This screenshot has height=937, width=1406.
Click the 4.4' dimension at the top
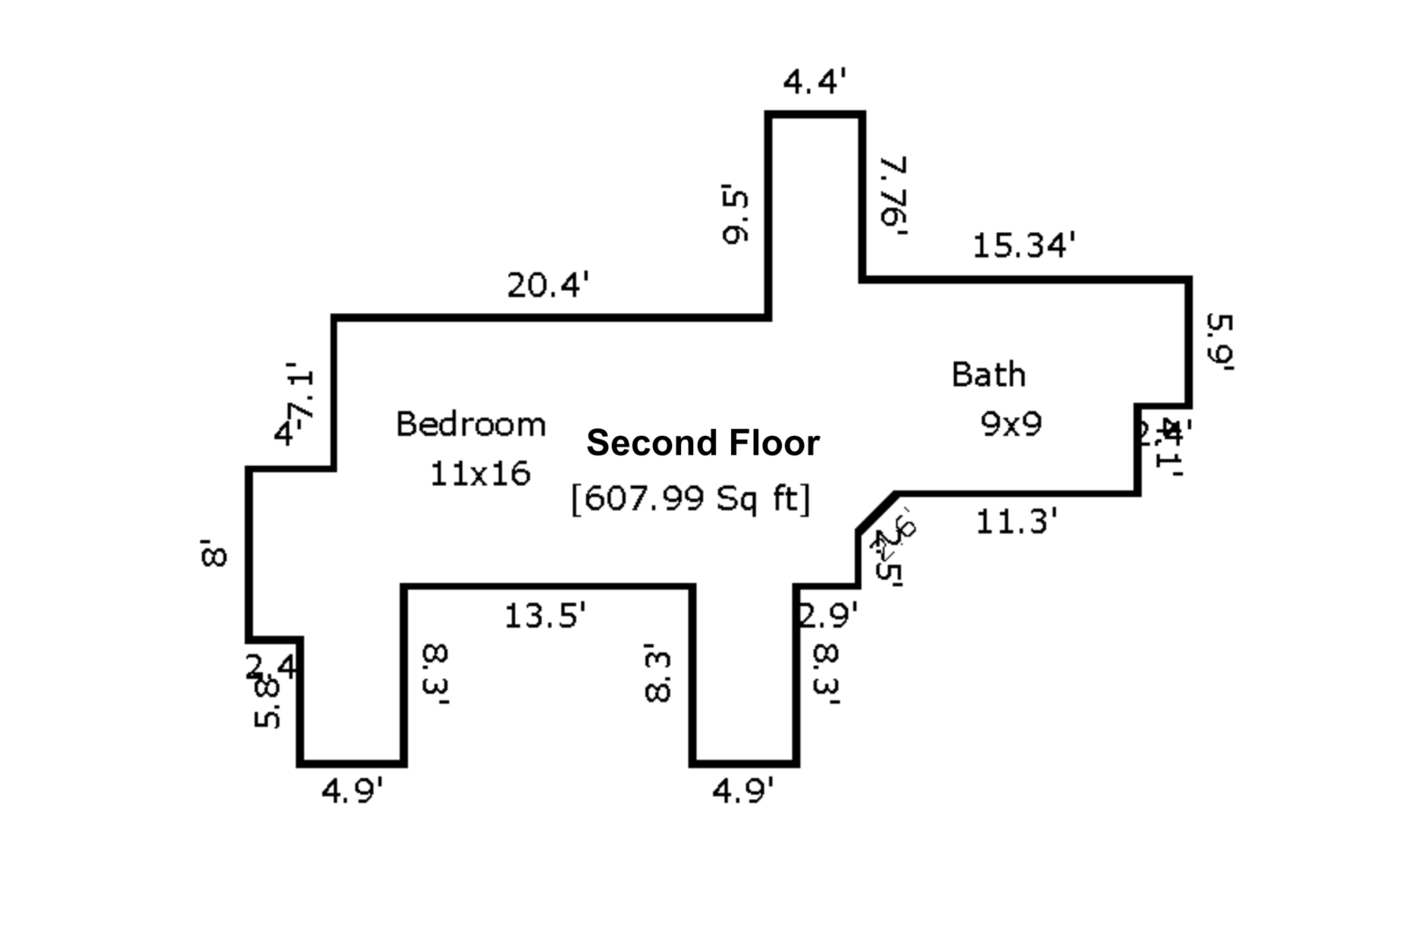[x=815, y=83]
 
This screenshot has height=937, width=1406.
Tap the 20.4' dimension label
[x=547, y=285]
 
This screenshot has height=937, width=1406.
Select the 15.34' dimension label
[x=1024, y=245]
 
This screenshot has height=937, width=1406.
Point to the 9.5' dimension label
[x=736, y=213]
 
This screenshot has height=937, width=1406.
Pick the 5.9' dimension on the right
[x=1220, y=342]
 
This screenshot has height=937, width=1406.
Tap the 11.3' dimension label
[x=1017, y=522]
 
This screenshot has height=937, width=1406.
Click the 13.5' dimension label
[x=545, y=615]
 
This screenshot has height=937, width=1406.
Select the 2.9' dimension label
[x=827, y=615]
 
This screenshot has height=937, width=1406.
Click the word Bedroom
[x=471, y=425]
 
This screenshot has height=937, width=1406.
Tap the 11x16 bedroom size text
[x=480, y=475]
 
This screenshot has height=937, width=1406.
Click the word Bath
[x=989, y=375]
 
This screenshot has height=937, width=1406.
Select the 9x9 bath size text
[x=1011, y=425]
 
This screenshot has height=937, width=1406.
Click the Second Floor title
[x=703, y=443]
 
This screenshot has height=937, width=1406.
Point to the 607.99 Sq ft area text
[x=691, y=498]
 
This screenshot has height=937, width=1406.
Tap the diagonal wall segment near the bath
[x=877, y=512]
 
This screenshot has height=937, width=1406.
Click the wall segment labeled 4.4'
[x=815, y=113]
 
